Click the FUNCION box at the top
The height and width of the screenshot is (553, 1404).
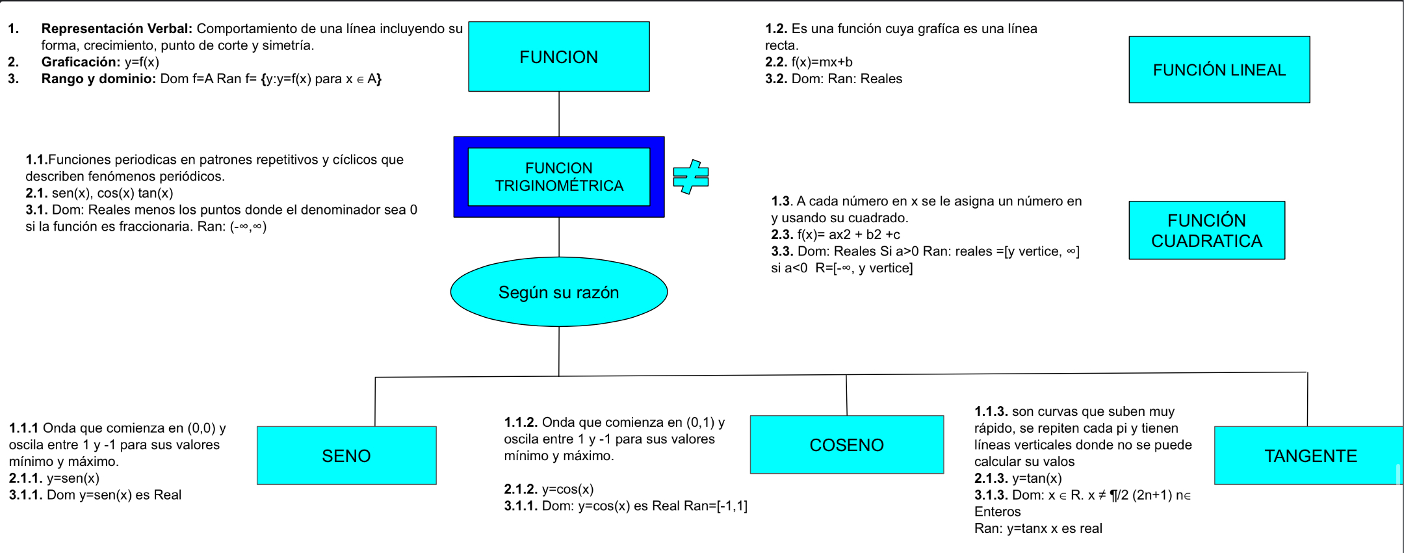click(x=559, y=57)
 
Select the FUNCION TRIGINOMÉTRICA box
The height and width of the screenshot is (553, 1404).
click(x=559, y=177)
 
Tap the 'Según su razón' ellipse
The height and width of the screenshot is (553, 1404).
click(x=559, y=292)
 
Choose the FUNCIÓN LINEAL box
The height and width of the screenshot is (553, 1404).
click(x=1219, y=70)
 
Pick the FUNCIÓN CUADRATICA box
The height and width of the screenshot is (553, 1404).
click(x=1206, y=231)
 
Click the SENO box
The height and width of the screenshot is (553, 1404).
click(x=346, y=456)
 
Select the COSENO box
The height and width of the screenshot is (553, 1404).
click(x=846, y=444)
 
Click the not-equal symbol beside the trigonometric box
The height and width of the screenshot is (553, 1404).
click(x=691, y=177)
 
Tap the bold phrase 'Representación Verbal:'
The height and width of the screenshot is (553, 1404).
click(x=116, y=29)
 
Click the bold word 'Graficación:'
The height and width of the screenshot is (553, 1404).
click(x=81, y=62)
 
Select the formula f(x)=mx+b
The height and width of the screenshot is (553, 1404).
click(x=822, y=62)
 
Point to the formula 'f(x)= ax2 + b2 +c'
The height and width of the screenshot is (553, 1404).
click(x=848, y=235)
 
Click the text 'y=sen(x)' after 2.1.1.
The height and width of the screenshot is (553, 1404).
click(x=73, y=478)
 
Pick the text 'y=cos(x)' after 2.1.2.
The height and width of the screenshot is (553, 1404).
click(x=567, y=489)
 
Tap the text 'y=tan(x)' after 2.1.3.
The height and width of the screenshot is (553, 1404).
click(x=1037, y=478)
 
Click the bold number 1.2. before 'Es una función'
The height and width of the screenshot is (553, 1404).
click(x=776, y=29)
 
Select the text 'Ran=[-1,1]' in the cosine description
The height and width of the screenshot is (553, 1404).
click(x=716, y=506)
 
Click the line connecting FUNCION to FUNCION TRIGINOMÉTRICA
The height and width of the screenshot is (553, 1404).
click(x=559, y=114)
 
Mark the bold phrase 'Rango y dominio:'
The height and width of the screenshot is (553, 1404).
click(x=98, y=79)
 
